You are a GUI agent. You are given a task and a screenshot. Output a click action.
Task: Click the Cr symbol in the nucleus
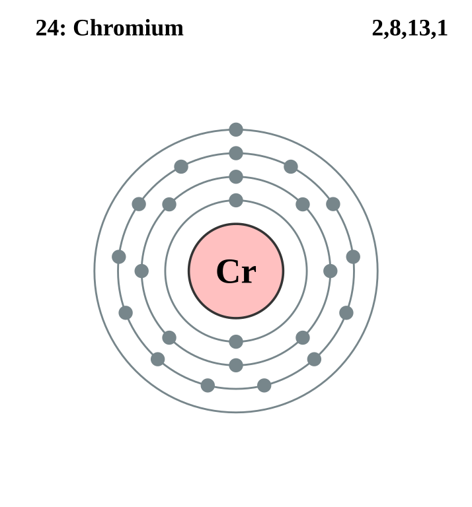(x=236, y=271)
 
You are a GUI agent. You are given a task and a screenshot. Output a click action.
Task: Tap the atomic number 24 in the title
(x=48, y=28)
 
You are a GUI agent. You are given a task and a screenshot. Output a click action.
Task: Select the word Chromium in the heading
(x=128, y=28)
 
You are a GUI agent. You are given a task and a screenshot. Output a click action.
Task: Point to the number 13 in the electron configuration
(x=419, y=28)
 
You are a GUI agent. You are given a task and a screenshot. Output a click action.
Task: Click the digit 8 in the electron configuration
(x=395, y=28)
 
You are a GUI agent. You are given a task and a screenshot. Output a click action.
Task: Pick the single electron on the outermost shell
(x=236, y=129)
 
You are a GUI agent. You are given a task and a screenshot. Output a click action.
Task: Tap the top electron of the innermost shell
(x=236, y=201)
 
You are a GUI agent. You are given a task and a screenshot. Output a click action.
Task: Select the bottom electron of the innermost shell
(x=236, y=342)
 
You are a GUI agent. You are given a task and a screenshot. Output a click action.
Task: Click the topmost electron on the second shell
(x=236, y=177)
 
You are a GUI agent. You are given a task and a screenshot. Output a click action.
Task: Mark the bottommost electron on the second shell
(x=236, y=365)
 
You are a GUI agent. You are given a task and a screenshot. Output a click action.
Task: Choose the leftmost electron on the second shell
(x=141, y=271)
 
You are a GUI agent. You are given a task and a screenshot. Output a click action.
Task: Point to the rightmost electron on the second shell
(x=331, y=271)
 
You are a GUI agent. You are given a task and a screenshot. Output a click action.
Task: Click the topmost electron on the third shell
(x=236, y=153)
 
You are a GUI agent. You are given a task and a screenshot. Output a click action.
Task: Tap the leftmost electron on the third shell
(x=119, y=257)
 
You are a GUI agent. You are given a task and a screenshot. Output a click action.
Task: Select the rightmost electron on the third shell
(x=353, y=257)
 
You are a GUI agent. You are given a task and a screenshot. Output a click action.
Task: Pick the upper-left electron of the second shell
(x=169, y=205)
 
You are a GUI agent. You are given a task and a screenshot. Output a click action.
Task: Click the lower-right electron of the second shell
(x=303, y=337)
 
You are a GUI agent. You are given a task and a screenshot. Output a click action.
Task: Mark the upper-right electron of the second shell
(x=303, y=205)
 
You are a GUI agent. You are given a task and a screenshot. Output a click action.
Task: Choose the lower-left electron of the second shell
(x=169, y=337)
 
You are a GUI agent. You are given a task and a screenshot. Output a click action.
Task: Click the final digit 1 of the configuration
(x=442, y=28)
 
